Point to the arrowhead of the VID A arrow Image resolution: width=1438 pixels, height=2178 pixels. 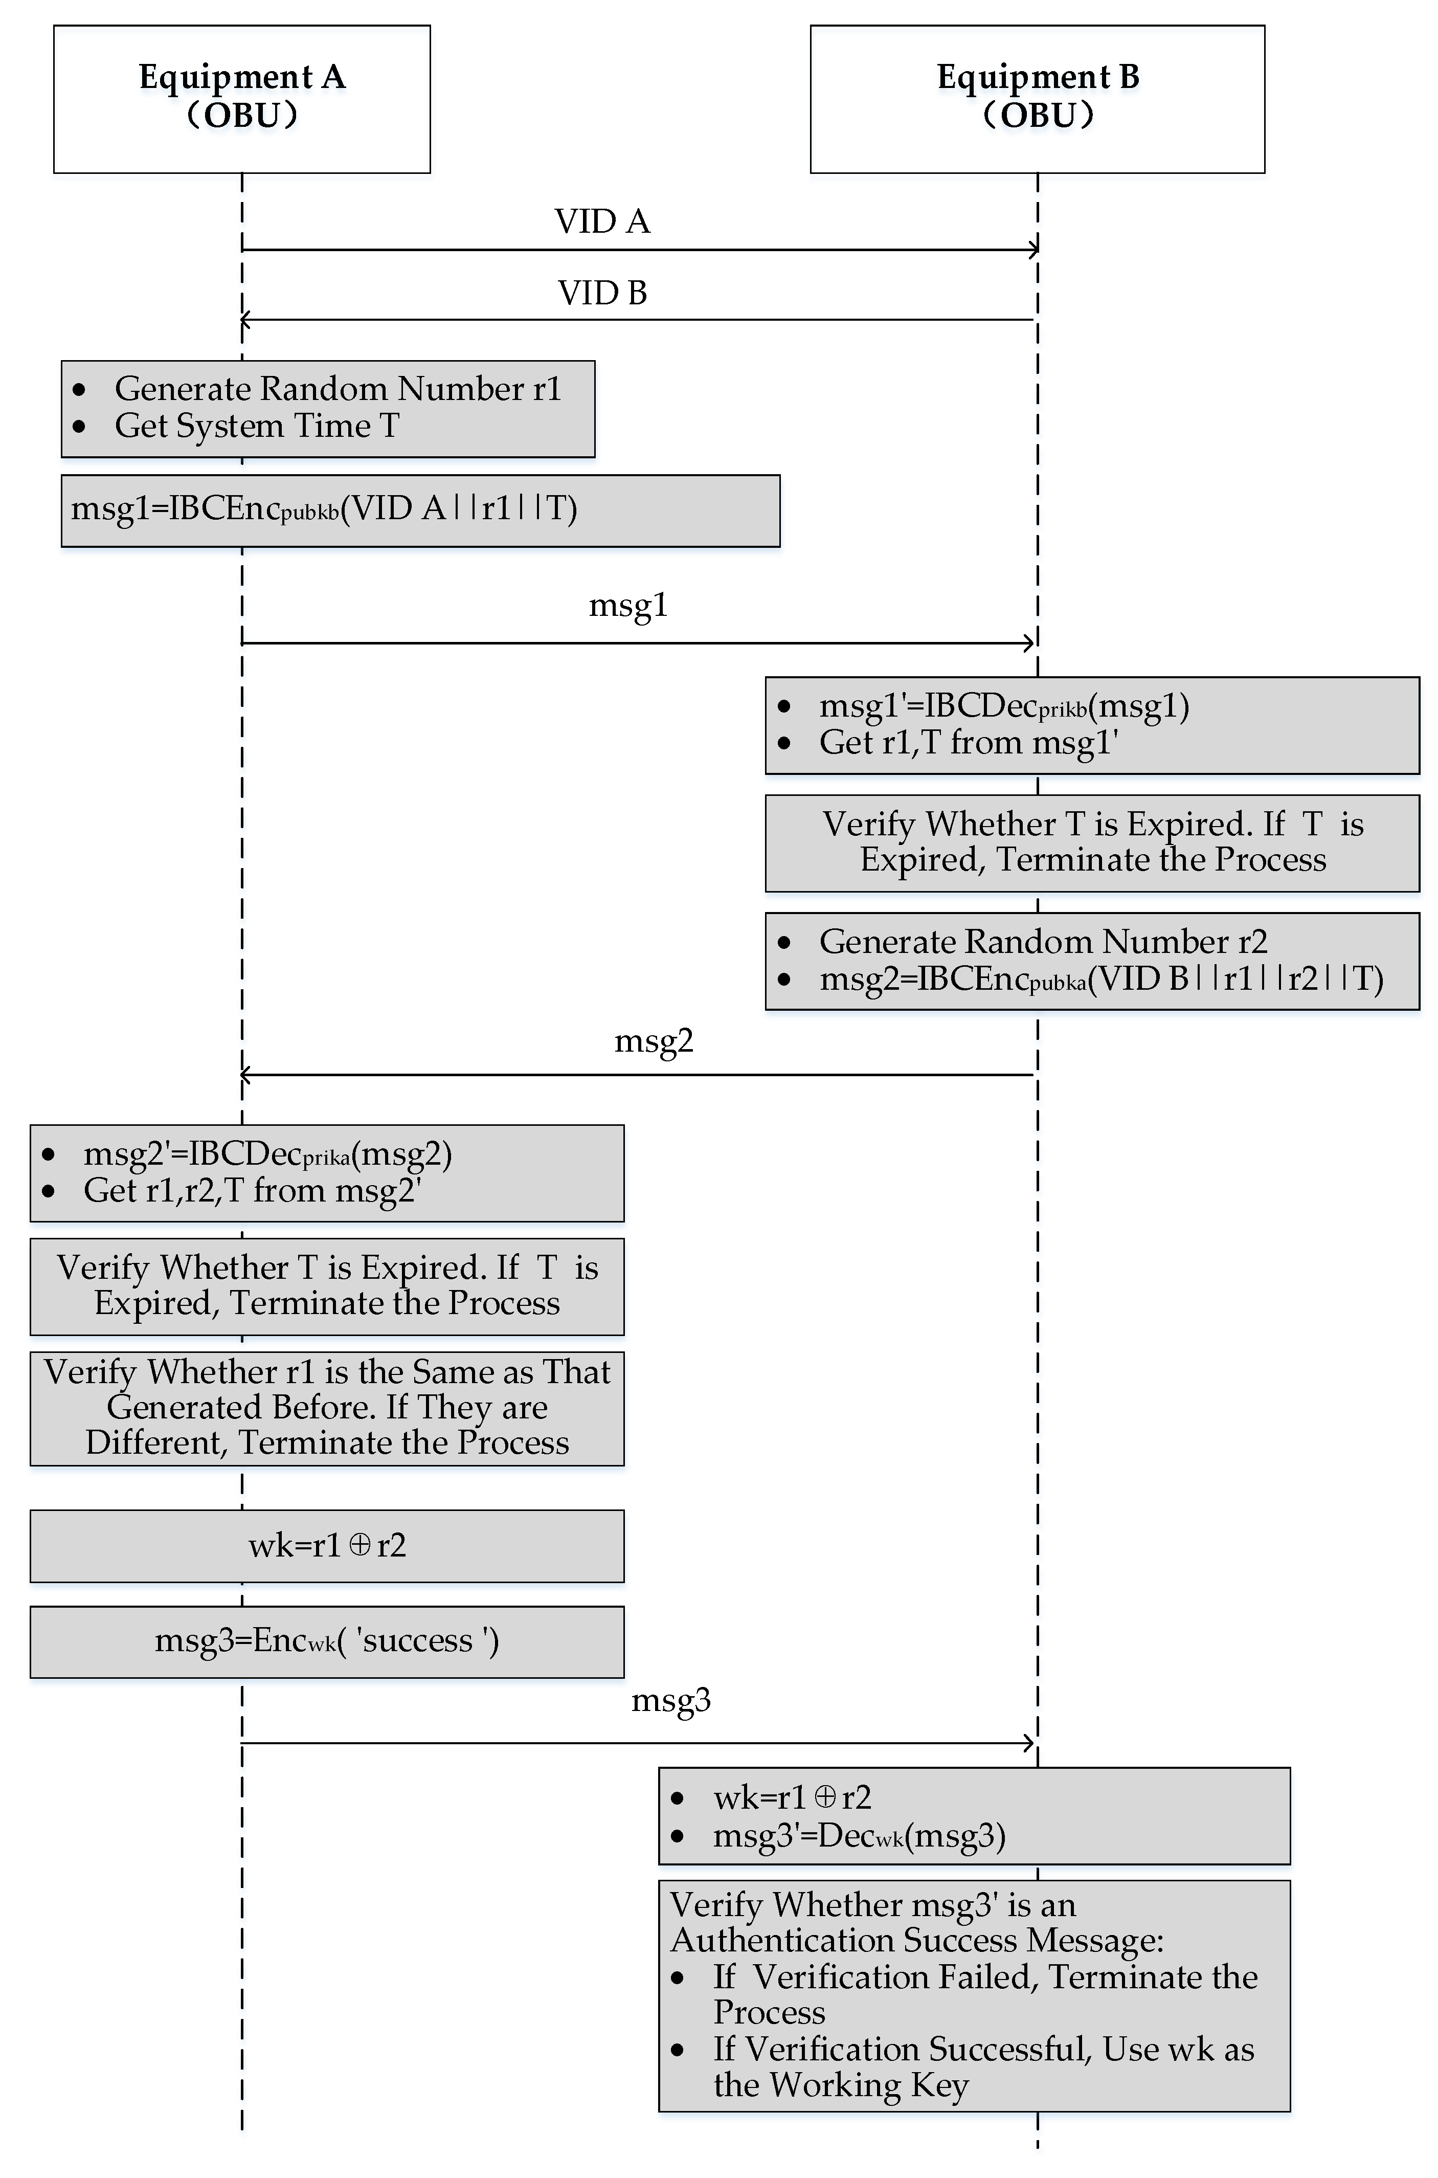coord(1033,249)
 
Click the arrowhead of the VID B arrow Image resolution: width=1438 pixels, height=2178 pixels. coord(245,320)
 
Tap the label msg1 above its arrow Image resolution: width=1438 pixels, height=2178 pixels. coord(628,605)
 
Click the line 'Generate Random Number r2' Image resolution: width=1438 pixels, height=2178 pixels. coord(1043,942)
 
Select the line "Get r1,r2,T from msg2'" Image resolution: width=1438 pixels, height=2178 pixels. coord(252,1190)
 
